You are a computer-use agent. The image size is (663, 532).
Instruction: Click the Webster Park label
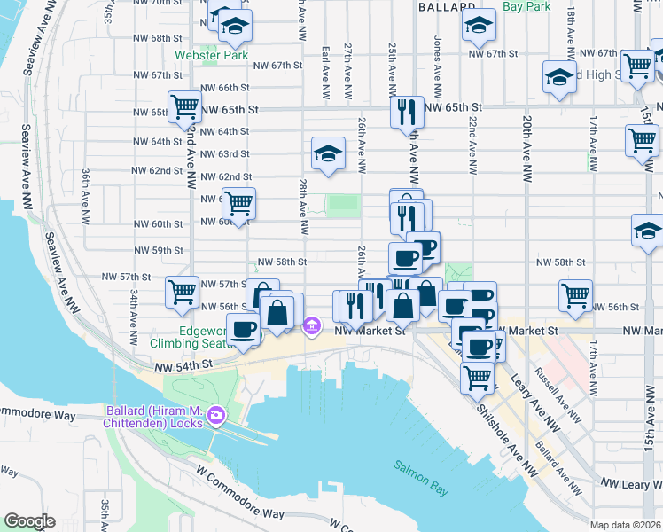coord(211,55)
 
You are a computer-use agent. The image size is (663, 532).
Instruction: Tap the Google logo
coord(29,521)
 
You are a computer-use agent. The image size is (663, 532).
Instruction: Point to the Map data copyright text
coord(626,525)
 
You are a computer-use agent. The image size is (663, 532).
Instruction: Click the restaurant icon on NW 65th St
coord(406,112)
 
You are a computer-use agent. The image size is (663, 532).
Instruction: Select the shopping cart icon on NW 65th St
coord(185,107)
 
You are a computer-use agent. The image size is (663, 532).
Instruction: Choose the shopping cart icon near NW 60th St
coord(238,203)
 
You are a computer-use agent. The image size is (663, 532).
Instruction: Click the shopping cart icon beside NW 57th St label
coord(182,290)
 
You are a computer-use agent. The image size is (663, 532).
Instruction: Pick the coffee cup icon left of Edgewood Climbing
coord(244,329)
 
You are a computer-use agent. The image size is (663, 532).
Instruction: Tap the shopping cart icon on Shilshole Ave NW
coord(478,376)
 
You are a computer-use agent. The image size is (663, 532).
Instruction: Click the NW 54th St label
coord(183,364)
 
